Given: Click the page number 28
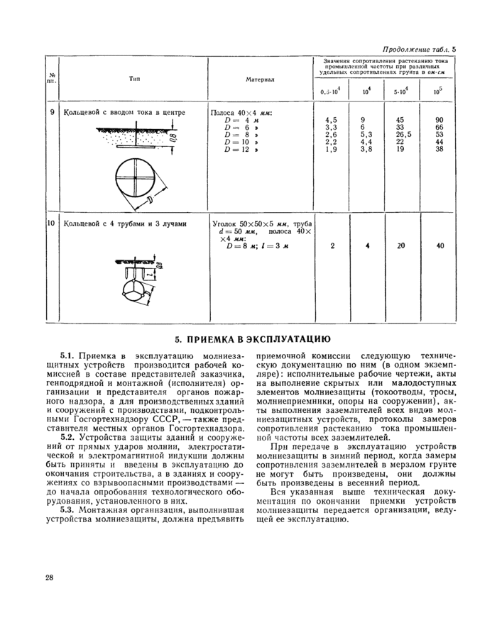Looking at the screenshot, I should point(49,577).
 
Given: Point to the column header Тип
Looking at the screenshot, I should point(133,79).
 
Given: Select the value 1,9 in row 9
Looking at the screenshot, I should point(330,149).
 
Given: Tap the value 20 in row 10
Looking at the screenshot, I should point(400,245).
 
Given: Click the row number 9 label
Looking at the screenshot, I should point(52,112).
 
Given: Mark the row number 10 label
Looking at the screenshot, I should point(51,223).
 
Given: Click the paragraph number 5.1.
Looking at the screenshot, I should point(68,354).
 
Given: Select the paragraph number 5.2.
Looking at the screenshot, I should point(68,437).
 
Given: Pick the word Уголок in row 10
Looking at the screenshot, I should point(226,223).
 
